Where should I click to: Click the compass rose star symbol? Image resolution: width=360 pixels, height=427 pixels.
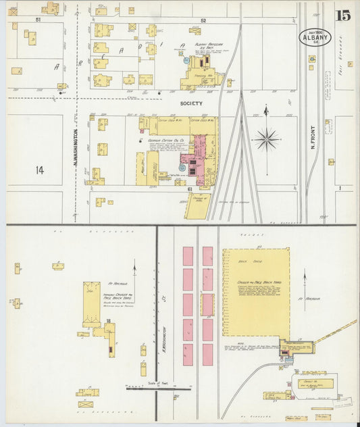tap(267, 140)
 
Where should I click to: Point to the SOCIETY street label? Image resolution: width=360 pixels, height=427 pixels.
tap(191, 103)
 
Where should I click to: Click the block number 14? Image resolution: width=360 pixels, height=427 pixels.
tap(40, 170)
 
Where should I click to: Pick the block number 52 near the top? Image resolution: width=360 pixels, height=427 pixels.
tap(203, 21)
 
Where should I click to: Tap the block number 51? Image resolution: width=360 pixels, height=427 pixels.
tap(38, 20)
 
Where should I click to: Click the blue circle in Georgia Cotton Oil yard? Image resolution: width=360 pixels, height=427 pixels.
tap(183, 165)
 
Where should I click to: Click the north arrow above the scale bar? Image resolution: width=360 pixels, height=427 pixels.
tap(134, 269)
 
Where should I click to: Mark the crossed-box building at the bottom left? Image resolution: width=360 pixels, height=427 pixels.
tap(86, 404)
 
